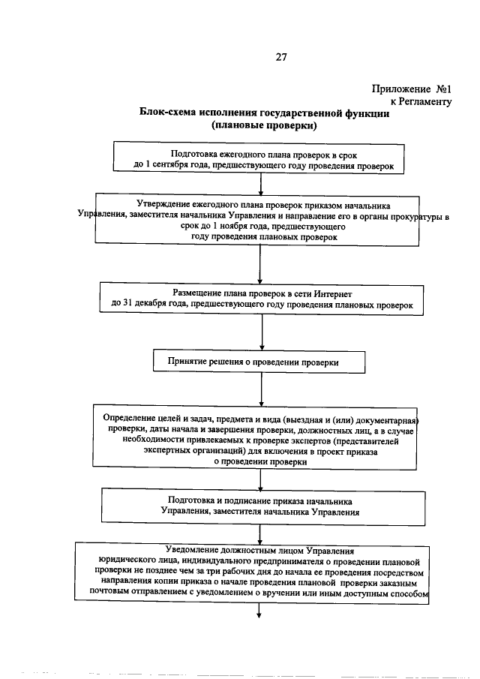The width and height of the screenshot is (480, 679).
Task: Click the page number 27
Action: (x=260, y=57)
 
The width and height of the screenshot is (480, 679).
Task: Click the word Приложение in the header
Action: (x=399, y=89)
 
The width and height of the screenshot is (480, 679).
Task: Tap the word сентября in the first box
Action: (x=176, y=164)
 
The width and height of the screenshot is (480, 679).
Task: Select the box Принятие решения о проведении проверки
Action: (x=259, y=362)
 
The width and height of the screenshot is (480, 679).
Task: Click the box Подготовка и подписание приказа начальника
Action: (x=259, y=506)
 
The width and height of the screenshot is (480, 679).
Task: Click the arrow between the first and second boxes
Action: (x=259, y=185)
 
